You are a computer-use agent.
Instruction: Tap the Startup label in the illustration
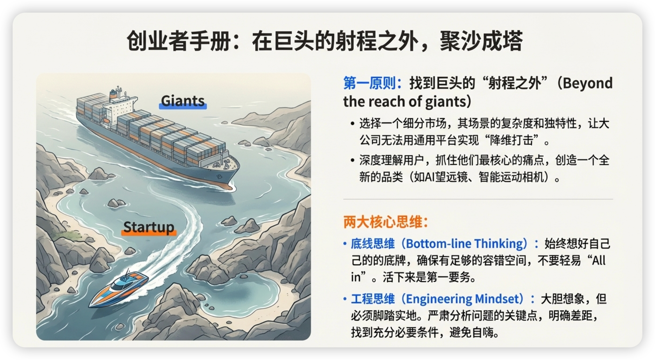149,227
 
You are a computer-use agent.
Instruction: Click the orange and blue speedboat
119,288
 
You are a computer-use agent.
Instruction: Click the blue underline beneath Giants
183,106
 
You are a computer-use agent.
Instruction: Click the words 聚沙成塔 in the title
481,41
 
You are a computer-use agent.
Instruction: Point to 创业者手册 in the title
178,41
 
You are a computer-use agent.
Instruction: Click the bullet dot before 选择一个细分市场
352,124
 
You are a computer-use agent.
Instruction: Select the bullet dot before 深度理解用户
352,160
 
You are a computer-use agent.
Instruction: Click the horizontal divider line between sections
478,199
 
